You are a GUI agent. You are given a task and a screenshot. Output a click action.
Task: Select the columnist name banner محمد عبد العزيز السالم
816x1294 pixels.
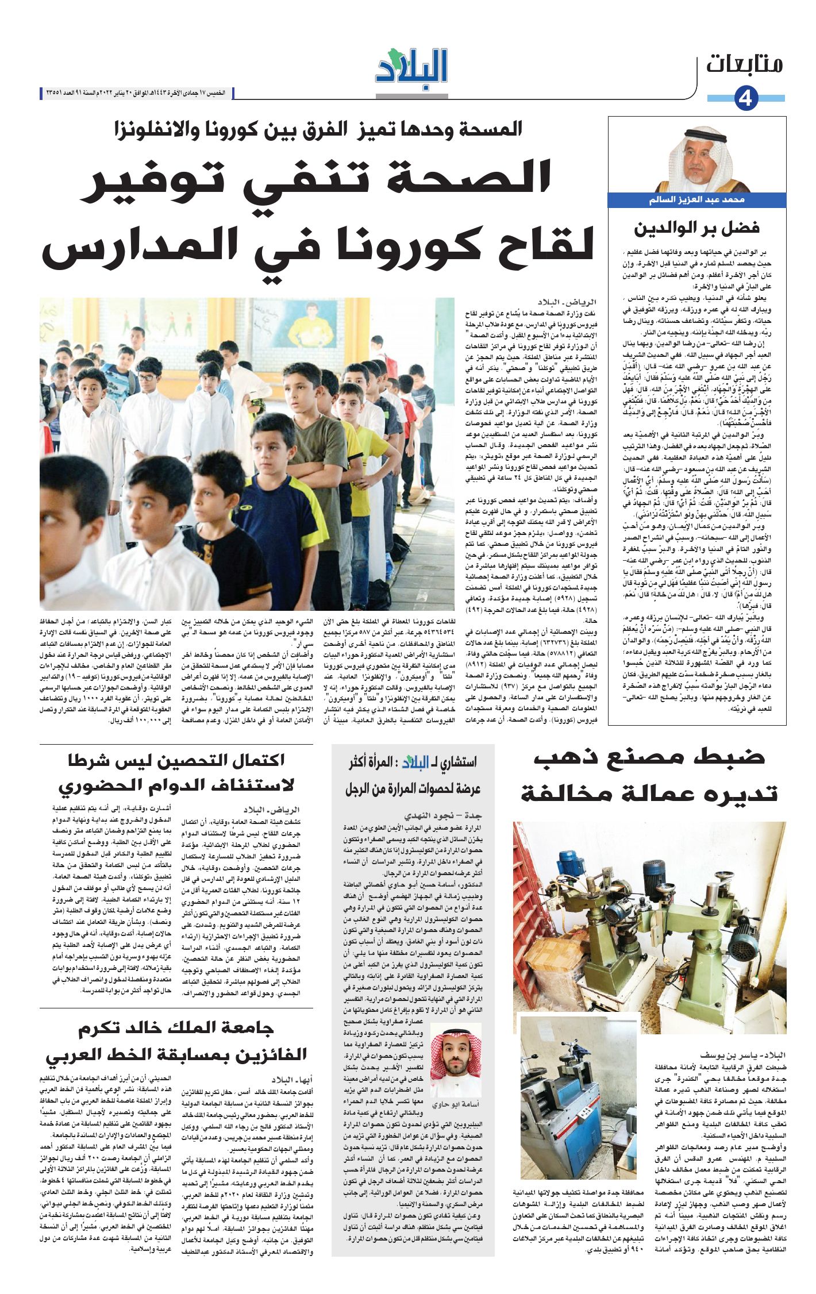point(696,200)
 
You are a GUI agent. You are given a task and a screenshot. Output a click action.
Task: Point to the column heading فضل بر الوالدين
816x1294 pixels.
point(696,228)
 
